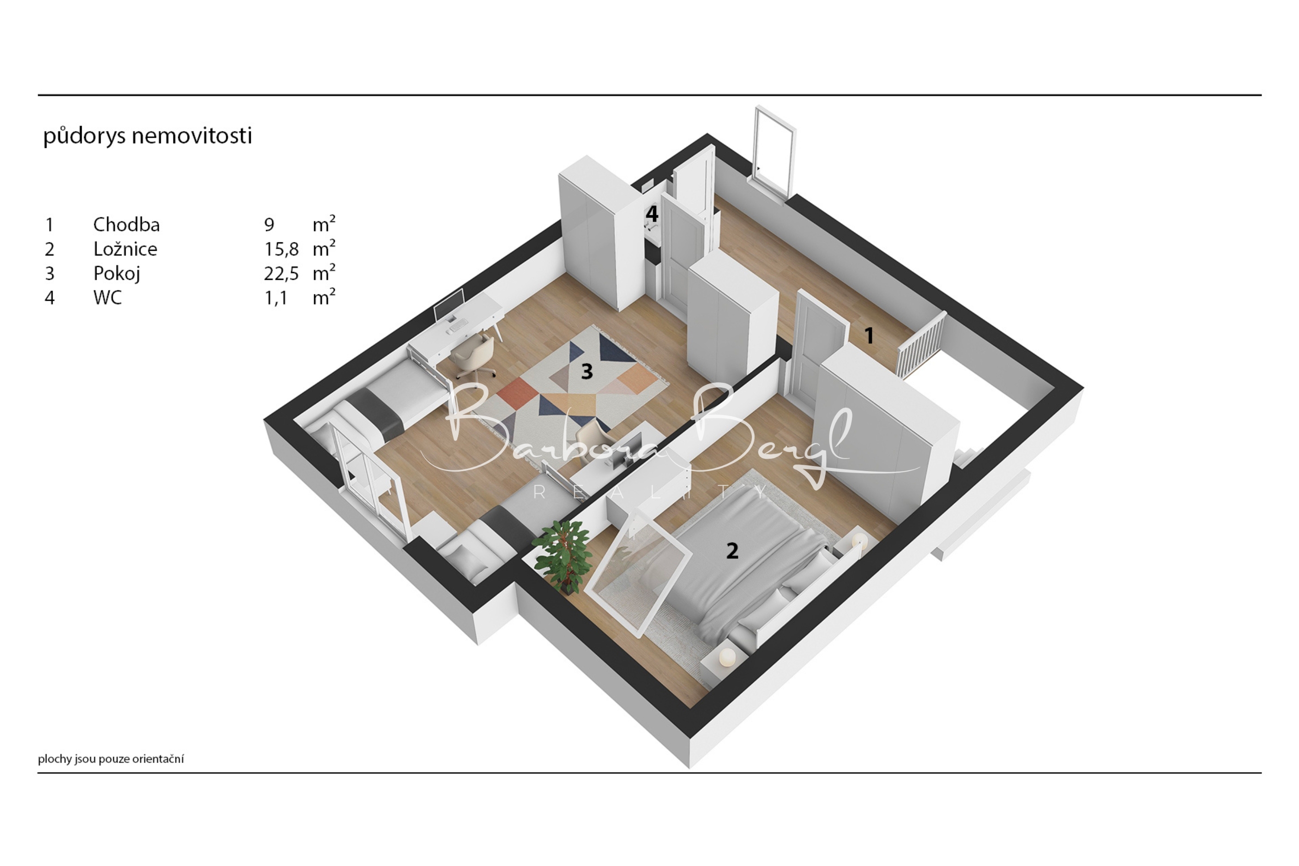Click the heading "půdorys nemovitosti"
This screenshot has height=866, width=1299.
pos(147,136)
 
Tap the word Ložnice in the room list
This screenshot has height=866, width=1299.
pos(125,248)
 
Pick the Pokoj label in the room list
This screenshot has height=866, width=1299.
pos(116,273)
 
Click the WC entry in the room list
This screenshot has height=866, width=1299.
pos(107,298)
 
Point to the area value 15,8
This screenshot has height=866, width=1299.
pos(281,249)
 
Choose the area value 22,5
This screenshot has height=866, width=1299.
pos(281,274)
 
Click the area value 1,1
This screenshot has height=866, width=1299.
pos(276,298)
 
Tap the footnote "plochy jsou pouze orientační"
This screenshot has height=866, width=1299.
pos(111,759)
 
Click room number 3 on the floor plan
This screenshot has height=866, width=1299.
pos(587,372)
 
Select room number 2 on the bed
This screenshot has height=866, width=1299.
pos(732,551)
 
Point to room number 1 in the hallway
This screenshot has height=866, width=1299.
pos(870,335)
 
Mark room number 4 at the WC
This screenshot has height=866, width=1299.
pos(652,214)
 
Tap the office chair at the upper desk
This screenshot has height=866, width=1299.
pos(472,356)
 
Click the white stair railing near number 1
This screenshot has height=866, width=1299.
pos(921,344)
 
